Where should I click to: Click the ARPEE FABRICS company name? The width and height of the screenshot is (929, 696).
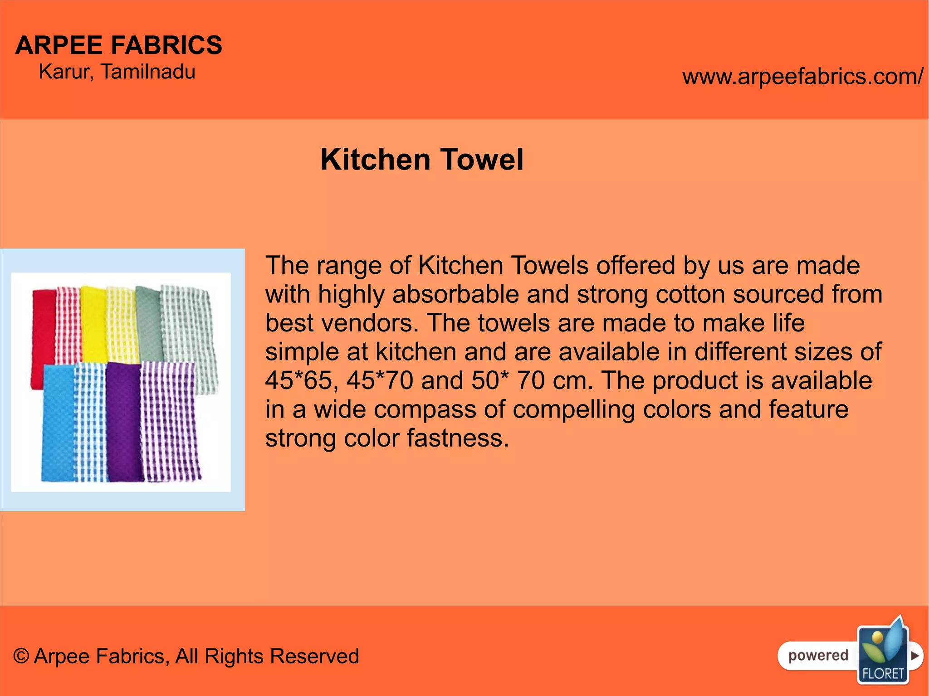coord(118,45)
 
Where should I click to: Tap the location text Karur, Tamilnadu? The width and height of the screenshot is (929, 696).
coord(117,72)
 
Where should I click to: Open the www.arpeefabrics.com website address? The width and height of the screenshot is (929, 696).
coord(802,76)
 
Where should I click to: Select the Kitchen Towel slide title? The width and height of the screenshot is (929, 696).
coord(422,159)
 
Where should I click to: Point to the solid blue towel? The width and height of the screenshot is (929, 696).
coord(58,422)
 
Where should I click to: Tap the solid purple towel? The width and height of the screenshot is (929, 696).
coord(124,422)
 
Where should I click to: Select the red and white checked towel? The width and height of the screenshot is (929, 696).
coord(68,324)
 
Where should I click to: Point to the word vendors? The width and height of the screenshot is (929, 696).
coord(369,323)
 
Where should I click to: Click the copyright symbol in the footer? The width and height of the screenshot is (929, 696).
coord(21,656)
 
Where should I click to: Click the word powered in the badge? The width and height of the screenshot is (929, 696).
coord(818,655)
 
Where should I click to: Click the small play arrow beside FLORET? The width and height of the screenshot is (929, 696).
coord(915,656)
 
